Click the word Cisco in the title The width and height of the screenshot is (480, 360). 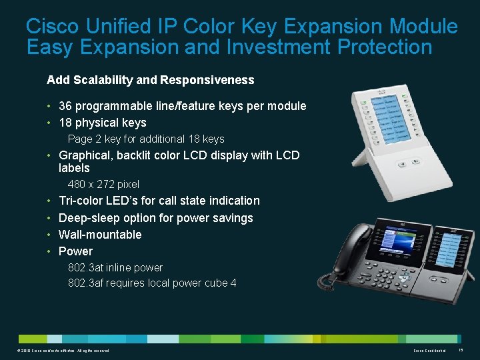tap(52, 27)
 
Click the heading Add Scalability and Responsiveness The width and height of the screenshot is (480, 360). tap(150, 80)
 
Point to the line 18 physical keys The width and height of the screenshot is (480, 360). tap(102, 123)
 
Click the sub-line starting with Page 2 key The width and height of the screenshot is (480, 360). tap(146, 139)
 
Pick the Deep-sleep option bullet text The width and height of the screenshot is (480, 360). tap(155, 218)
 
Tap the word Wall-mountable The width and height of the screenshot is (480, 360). tap(100, 235)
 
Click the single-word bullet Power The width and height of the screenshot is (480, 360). tap(75, 251)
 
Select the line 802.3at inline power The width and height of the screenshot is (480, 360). tap(115, 267)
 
